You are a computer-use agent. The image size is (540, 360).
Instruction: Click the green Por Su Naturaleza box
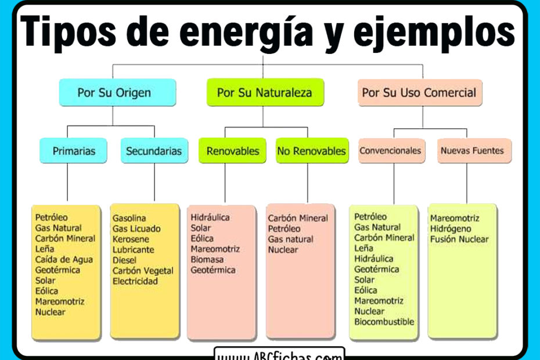click(x=264, y=92)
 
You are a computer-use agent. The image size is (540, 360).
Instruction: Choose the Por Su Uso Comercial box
click(x=419, y=92)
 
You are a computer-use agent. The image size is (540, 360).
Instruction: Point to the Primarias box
click(x=74, y=151)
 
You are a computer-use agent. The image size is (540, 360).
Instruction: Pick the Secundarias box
click(x=154, y=151)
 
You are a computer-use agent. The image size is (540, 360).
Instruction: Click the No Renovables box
click(x=311, y=151)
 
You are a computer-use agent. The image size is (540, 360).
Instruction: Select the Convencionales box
click(x=390, y=151)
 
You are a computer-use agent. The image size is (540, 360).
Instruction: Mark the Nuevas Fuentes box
click(x=472, y=151)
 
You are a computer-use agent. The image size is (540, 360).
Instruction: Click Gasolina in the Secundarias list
click(x=129, y=218)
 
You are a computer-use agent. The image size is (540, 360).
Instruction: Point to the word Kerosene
click(x=131, y=239)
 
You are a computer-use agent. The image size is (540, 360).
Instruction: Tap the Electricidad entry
click(x=135, y=281)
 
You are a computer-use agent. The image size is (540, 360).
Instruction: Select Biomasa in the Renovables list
click(x=207, y=260)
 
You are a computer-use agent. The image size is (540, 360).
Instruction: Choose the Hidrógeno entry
click(x=451, y=229)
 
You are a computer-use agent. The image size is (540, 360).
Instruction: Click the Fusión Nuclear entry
click(x=459, y=239)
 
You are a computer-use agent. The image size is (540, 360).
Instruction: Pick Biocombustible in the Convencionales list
click(x=384, y=322)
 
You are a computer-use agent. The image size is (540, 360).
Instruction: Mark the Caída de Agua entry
click(x=64, y=260)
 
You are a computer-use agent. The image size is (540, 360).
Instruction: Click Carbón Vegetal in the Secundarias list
click(x=143, y=271)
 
